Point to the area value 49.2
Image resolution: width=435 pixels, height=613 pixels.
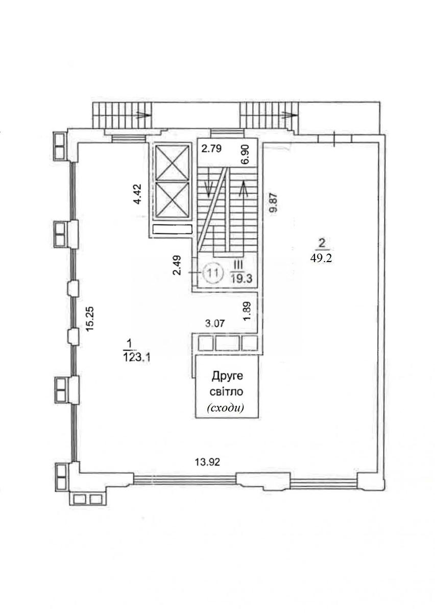321,258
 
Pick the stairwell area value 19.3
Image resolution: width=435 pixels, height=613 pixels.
241,279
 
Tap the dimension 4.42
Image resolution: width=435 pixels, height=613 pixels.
138,194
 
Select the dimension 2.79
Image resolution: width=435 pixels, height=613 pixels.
211,149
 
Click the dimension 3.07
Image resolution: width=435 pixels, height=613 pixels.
215,323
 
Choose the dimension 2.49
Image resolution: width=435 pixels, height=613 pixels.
178,265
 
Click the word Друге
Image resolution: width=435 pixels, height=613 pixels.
227,377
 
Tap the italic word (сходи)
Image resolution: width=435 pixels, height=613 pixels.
226,408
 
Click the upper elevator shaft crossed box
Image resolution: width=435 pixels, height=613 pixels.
173,162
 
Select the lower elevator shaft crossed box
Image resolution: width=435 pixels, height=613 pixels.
173,199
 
